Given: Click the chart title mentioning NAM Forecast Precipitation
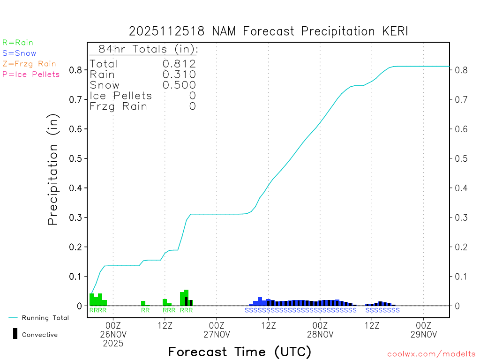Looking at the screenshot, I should tap(269, 31).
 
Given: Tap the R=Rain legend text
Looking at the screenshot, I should tap(18, 43).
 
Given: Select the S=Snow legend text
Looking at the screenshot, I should tap(19, 53).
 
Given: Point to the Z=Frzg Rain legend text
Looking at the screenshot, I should tap(29, 64).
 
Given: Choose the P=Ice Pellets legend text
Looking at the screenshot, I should tap(31, 74).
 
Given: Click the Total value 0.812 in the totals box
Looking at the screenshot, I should tap(179, 64).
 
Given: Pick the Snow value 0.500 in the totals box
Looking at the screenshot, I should tap(179, 85).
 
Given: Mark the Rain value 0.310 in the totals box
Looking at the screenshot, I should tap(179, 74).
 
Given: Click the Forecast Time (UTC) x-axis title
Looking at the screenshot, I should tap(240, 352).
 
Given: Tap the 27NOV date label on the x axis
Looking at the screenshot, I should tap(217, 334).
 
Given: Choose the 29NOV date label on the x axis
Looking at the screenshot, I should tap(423, 334).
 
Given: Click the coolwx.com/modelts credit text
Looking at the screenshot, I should tap(432, 354).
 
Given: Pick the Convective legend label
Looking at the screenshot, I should tap(40, 335).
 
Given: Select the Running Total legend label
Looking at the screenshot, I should tap(45, 318).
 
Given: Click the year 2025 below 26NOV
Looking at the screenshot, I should tap(113, 344).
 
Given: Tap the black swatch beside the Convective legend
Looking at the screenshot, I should tap(15, 333).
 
